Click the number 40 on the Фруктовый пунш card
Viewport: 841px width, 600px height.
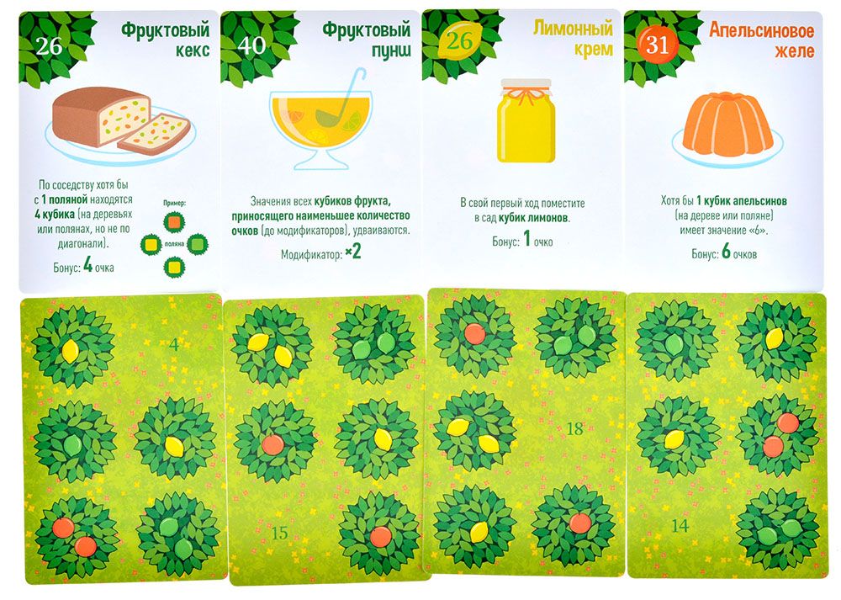click(251, 45)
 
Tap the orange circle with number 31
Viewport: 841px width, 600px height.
click(658, 45)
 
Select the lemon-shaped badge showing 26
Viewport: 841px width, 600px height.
click(460, 41)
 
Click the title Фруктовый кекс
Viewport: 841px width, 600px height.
click(165, 40)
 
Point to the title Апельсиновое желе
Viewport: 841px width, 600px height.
click(762, 40)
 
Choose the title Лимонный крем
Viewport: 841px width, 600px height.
click(573, 38)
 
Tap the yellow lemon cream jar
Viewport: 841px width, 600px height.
click(526, 120)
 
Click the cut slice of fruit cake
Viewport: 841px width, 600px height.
click(154, 134)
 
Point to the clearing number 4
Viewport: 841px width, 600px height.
click(174, 344)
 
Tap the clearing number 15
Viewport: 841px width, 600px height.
click(279, 533)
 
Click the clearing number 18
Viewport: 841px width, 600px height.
click(574, 428)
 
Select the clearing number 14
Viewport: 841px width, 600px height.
click(680, 525)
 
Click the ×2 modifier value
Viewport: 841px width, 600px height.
click(353, 252)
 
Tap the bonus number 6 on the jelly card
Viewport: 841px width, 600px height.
click(726, 251)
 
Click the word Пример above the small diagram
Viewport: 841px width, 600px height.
click(174, 204)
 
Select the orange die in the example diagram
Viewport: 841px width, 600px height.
click(174, 221)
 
